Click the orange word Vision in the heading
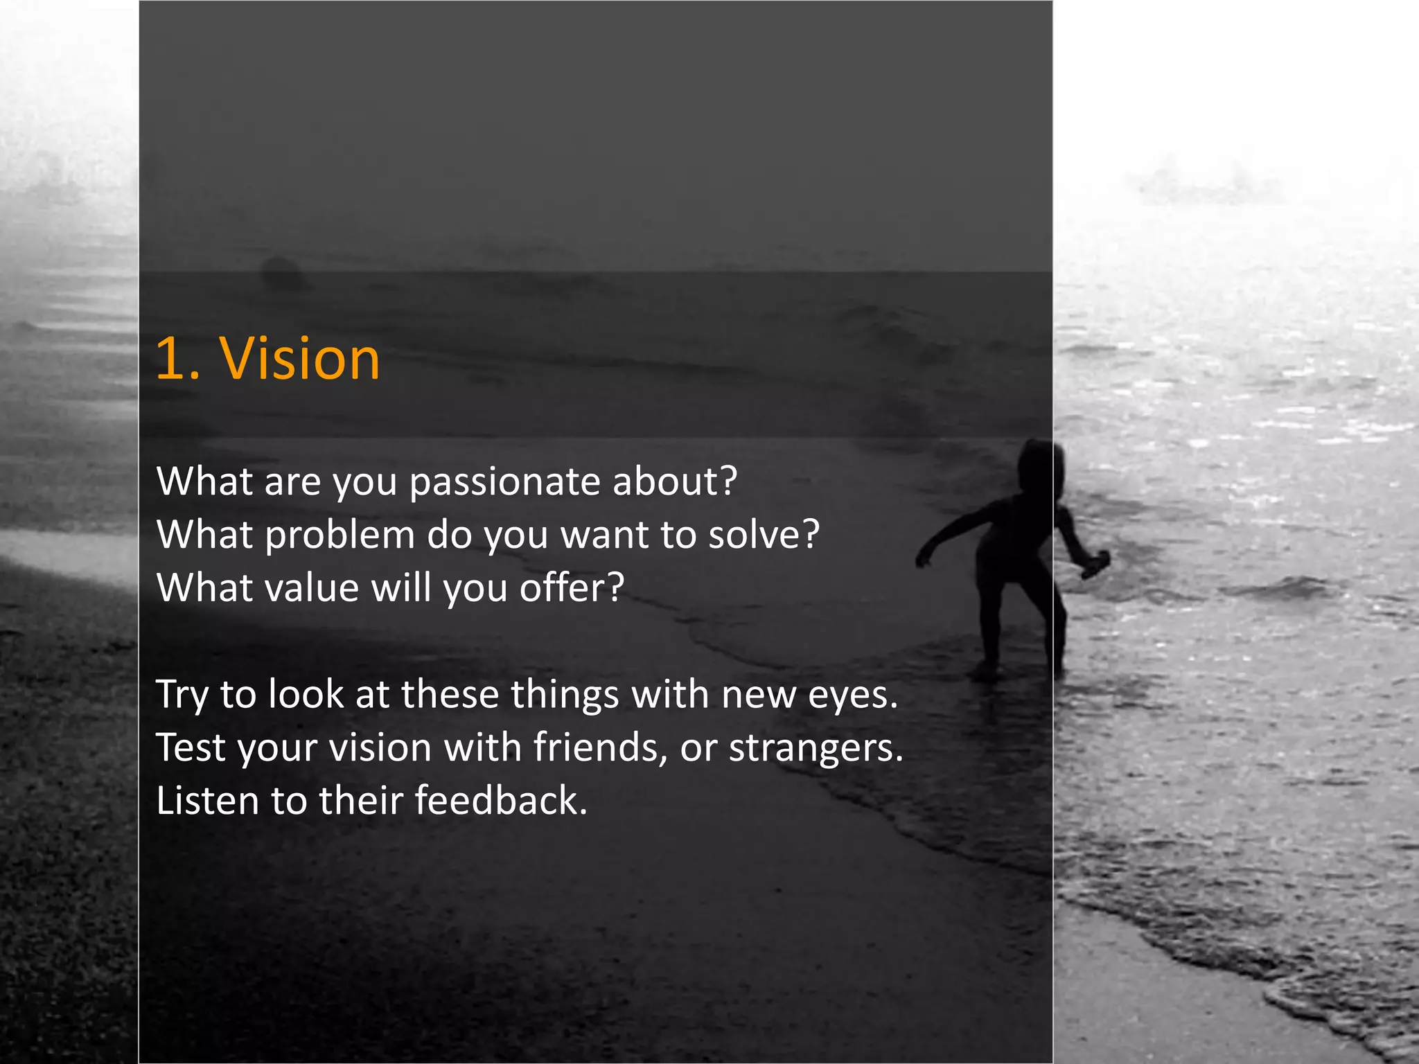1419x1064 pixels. click(300, 359)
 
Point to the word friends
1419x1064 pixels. click(596, 747)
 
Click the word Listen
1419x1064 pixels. click(206, 801)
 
